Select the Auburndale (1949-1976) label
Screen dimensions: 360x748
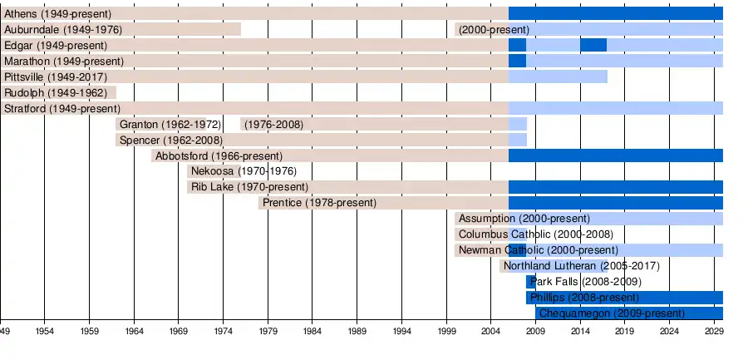(x=63, y=30)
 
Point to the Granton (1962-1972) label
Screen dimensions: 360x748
(x=170, y=125)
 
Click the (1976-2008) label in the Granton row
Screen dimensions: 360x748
(x=273, y=125)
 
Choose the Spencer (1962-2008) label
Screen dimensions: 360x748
(x=170, y=141)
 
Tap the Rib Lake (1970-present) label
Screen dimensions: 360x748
(x=249, y=188)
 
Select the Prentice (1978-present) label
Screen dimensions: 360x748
(x=319, y=203)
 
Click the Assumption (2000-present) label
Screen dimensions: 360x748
(x=519, y=219)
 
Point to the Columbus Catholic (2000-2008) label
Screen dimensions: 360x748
(x=536, y=234)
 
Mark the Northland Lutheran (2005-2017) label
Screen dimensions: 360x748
(x=582, y=266)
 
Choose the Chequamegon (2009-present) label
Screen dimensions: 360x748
(x=612, y=313)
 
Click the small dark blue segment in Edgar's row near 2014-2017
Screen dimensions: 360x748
(x=593, y=45)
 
